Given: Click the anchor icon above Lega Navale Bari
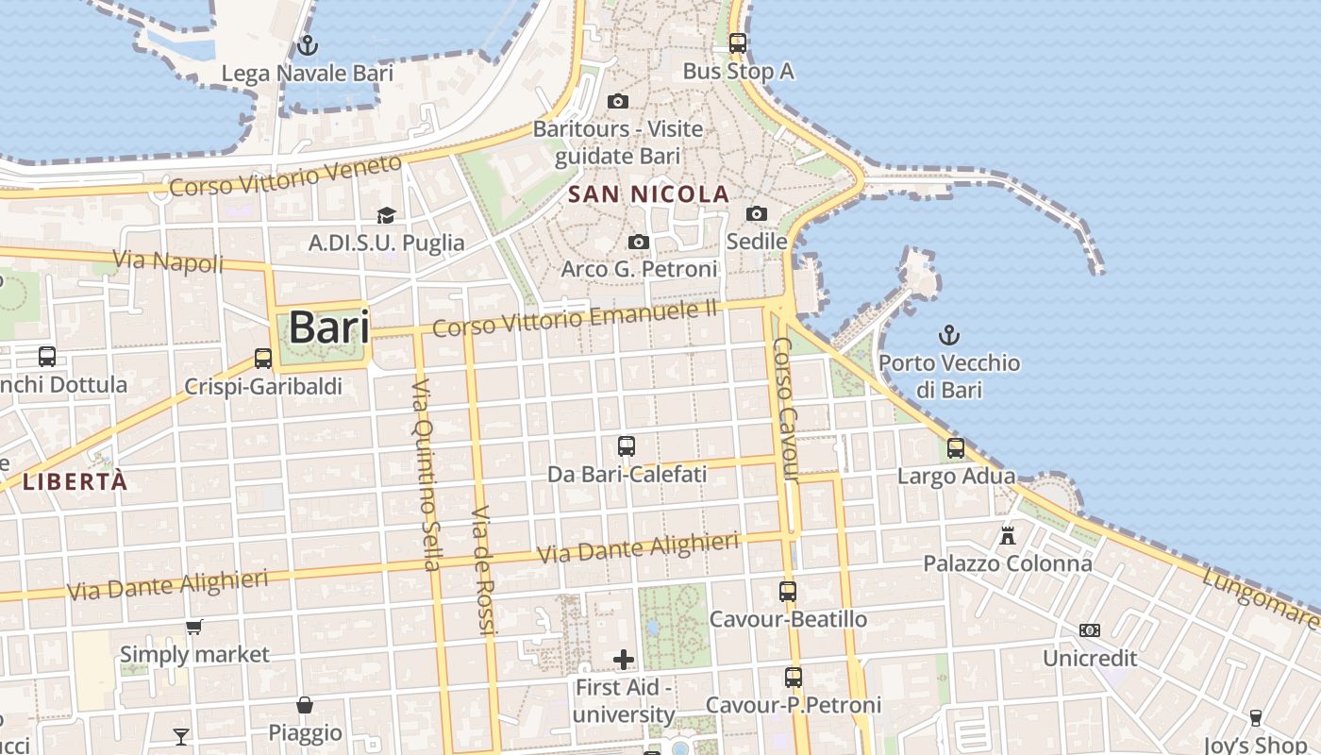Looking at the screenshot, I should click(x=307, y=44).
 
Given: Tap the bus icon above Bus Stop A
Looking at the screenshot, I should click(x=738, y=42).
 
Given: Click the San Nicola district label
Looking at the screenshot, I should click(x=648, y=195).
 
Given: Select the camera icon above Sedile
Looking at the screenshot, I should click(x=757, y=214).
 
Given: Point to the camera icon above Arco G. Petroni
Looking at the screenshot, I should click(x=639, y=243).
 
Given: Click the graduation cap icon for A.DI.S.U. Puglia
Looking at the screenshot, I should click(x=386, y=216).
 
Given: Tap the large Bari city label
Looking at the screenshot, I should click(x=328, y=327).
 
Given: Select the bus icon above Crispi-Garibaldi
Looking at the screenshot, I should click(x=263, y=359).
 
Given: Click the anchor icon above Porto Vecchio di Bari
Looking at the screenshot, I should click(x=949, y=335).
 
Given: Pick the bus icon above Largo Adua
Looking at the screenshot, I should click(x=956, y=448).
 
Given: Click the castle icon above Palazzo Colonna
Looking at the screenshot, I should click(x=1008, y=536).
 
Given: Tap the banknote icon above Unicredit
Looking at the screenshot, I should click(x=1090, y=629).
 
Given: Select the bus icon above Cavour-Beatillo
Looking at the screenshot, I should click(x=788, y=592).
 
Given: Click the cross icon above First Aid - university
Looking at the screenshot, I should click(x=624, y=659).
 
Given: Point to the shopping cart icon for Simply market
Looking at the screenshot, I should click(x=194, y=627).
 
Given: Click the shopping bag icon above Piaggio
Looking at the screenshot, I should click(x=305, y=704).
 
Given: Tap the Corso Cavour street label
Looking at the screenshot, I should click(x=787, y=411).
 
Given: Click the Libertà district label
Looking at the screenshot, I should click(x=75, y=481).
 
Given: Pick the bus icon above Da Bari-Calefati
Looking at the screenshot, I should click(x=627, y=446).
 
